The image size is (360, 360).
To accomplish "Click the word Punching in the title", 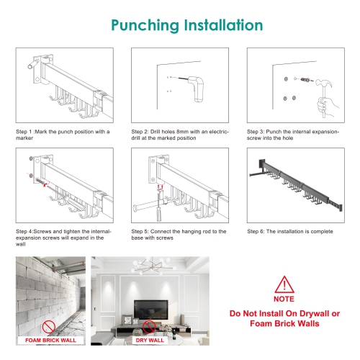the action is point(145,26).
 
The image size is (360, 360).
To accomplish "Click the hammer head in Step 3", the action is point(324,84).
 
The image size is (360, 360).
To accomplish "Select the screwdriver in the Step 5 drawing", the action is point(159,204).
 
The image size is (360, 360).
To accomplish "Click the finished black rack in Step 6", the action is point(296,186).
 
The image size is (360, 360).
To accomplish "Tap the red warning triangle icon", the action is point(284,285).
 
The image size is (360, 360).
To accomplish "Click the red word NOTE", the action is point(284,299).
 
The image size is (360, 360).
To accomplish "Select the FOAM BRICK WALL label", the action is point(50,341).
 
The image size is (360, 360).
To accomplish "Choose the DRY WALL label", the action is point(150,341).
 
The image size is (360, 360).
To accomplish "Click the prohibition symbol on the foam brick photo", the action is point(49,327).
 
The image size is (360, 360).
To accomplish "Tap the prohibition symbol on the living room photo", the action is point(149,327).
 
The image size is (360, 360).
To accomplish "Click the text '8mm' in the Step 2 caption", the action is point(182,132).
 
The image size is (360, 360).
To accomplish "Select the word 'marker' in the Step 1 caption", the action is point(24,138).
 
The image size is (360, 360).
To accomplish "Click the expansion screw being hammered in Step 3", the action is point(305,79).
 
